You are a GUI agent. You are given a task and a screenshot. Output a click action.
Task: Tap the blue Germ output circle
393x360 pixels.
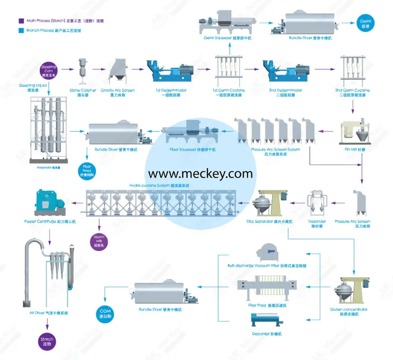(365, 22)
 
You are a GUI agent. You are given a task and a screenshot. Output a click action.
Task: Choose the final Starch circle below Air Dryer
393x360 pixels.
(47, 342)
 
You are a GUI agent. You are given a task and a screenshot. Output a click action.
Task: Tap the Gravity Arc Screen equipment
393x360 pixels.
(117, 72)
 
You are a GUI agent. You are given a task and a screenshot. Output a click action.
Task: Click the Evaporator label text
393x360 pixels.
(48, 167)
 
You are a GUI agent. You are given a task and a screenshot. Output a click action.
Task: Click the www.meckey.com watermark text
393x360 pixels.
(200, 173)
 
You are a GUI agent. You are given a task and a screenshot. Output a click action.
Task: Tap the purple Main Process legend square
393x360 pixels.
(21, 21)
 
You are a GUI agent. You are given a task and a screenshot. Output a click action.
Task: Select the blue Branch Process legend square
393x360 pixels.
(21, 30)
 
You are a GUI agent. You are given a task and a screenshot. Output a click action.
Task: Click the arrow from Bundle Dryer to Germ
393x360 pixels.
(346, 22)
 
